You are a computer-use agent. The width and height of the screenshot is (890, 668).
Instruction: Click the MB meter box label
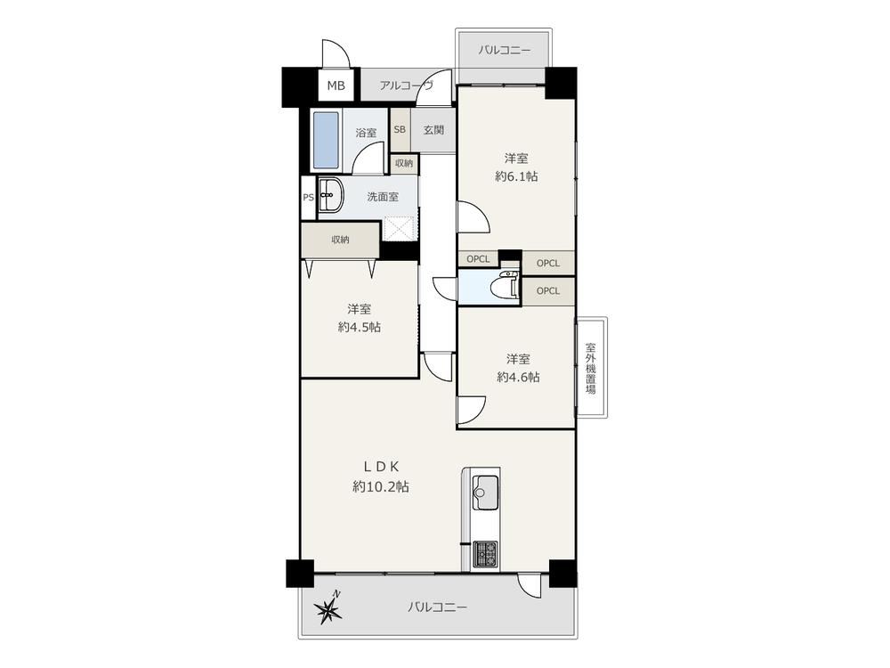coord(336,86)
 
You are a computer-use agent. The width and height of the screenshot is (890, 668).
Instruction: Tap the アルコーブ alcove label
coord(407,86)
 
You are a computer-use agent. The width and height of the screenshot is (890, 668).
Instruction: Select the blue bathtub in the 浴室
coord(325,140)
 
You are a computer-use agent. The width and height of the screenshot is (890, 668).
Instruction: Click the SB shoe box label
coord(400,129)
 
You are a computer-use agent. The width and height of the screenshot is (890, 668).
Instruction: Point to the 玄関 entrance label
coord(433,129)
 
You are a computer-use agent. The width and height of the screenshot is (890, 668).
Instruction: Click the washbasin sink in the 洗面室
coord(329,196)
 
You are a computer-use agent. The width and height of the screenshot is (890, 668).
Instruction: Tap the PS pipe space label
coord(308,198)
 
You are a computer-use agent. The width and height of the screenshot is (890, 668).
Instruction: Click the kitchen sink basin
coord(485,492)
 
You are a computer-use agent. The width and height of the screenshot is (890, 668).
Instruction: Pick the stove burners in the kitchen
coord(485,554)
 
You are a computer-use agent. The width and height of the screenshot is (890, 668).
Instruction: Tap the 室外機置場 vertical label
coord(590,368)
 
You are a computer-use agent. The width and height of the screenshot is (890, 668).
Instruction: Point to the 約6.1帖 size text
coord(516,176)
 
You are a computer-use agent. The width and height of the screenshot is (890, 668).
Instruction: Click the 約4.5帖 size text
coord(360,327)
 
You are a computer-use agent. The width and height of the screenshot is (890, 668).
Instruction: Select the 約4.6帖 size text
coord(518,377)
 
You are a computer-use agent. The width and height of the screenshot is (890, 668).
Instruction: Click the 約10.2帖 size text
coord(380,487)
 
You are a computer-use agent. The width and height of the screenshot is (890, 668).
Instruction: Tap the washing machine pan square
coord(400,230)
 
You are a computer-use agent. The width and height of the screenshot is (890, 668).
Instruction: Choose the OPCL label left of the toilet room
coord(478,259)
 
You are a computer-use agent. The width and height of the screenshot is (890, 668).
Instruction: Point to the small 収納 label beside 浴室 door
coord(404,163)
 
